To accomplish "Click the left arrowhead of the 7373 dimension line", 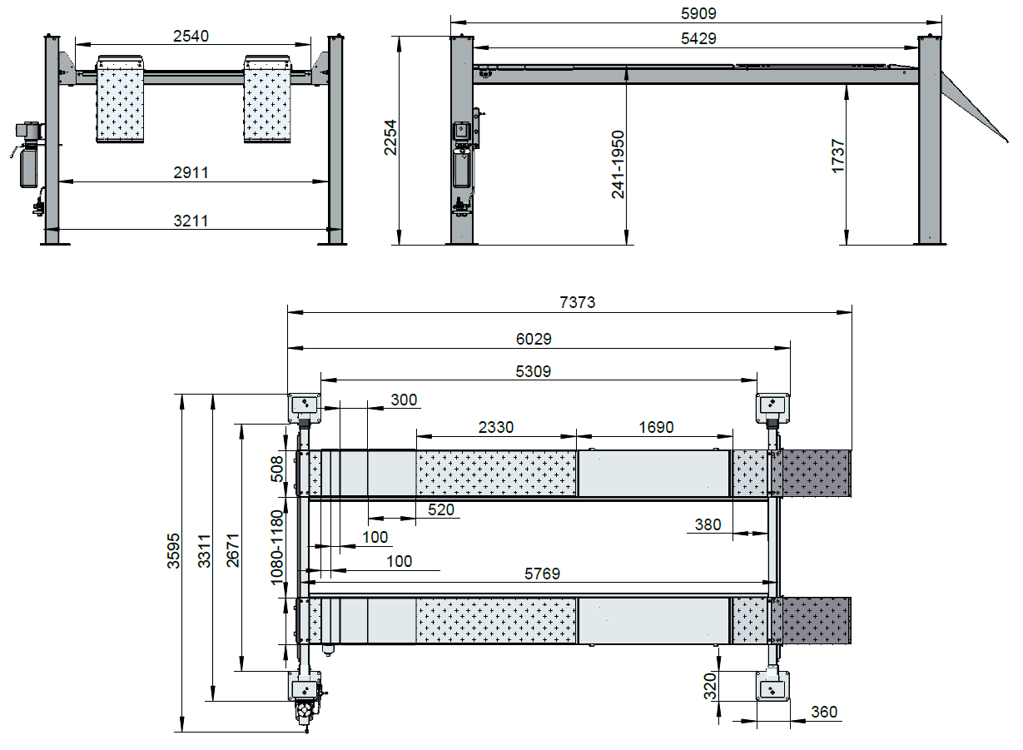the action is [x=288, y=312].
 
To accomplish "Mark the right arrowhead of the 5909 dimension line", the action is [x=941, y=22].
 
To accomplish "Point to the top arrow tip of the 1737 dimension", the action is [x=847, y=85].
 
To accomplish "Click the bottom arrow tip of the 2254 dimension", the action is [x=400, y=245].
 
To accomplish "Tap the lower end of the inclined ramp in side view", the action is [x=1008, y=142].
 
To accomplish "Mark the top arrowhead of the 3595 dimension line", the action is [x=182, y=395].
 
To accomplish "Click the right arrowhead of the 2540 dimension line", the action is [x=310, y=45].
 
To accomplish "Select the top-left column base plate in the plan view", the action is [x=304, y=408].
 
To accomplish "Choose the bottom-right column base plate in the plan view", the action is [x=772, y=686].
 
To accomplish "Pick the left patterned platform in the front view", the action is [x=120, y=99].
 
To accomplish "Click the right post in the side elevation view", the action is [x=930, y=140].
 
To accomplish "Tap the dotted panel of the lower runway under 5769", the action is [x=496, y=621].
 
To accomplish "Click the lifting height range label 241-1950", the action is [x=618, y=165].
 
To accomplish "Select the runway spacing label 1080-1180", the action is [x=277, y=548].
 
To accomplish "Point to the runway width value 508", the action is [x=277, y=469].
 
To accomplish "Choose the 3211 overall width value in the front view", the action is [x=191, y=221].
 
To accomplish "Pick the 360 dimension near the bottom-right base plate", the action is [x=824, y=712].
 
